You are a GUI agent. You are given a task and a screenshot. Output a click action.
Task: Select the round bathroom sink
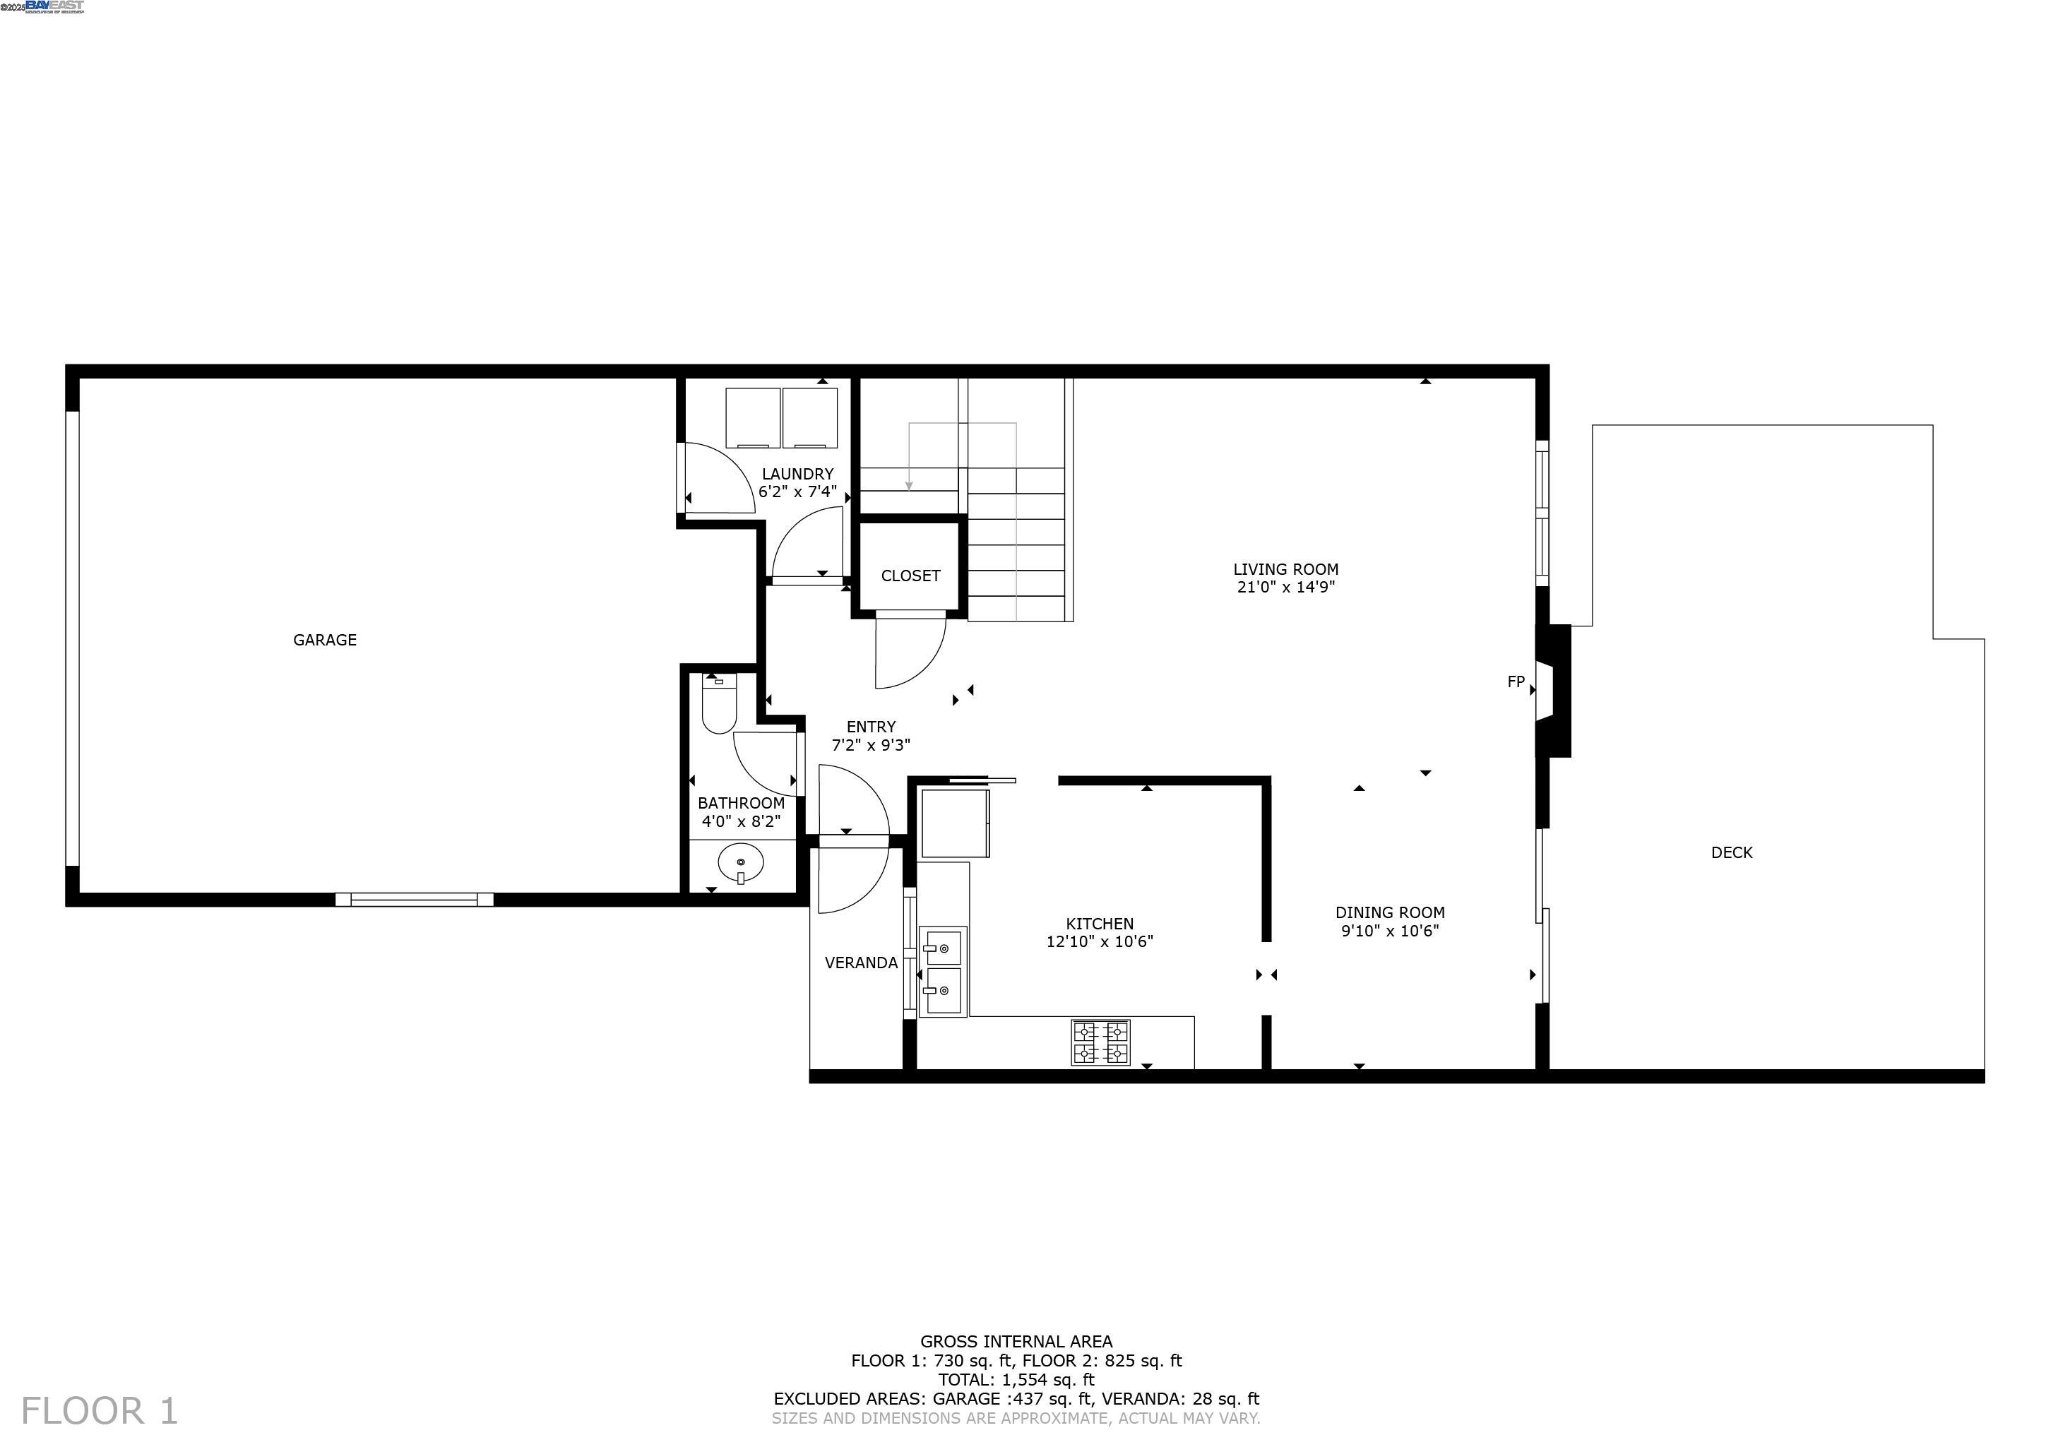(x=741, y=864)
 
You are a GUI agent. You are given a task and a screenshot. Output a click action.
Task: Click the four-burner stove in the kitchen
(x=1100, y=1042)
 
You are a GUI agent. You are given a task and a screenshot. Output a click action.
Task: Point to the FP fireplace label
(x=1516, y=681)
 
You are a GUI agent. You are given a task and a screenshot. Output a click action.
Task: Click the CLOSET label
(x=910, y=576)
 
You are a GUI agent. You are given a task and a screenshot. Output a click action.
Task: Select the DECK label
(x=1732, y=852)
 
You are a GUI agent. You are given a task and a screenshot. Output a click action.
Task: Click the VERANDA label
(x=861, y=963)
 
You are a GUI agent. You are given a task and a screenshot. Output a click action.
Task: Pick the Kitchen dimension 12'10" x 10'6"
(x=1100, y=942)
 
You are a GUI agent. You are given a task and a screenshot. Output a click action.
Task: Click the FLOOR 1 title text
(x=99, y=1412)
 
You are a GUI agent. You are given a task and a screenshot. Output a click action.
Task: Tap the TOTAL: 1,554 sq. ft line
(x=1016, y=1380)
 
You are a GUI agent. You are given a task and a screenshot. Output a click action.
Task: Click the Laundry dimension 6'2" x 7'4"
(x=797, y=492)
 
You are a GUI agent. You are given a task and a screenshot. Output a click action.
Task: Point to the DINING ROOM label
(x=1389, y=912)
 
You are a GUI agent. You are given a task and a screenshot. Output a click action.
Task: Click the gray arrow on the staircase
(x=909, y=484)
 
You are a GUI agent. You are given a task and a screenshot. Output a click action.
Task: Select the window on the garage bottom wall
(x=415, y=899)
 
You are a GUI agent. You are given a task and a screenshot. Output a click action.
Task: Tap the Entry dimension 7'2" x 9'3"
(x=871, y=746)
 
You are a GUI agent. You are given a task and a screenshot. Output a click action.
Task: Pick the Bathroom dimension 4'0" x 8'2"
(x=741, y=821)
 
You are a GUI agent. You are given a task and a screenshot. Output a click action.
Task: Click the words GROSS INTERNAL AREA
(x=1016, y=1341)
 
